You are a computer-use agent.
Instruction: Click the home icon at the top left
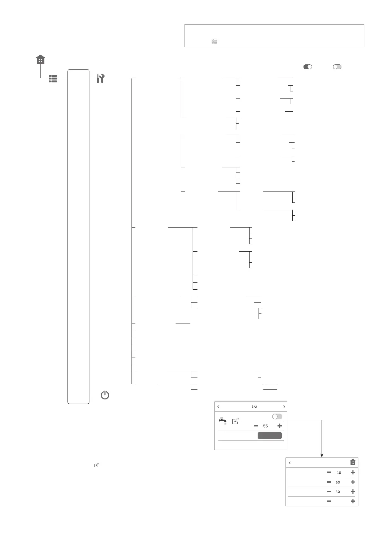[x=41, y=60]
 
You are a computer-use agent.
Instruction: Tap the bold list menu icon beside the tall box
[x=53, y=79]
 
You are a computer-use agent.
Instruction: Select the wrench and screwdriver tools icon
[x=101, y=78]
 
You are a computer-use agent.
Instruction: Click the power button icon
[x=105, y=395]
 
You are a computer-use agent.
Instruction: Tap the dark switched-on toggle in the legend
[x=307, y=67]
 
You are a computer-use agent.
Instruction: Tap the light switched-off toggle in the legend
[x=337, y=67]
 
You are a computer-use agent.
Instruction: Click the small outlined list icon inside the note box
[x=214, y=41]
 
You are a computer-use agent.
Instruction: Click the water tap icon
[x=223, y=421]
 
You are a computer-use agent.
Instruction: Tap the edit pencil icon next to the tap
[x=235, y=421]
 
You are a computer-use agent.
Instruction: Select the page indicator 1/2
[x=254, y=407]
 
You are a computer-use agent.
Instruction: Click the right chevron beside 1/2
[x=284, y=407]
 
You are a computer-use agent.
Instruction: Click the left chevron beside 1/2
[x=219, y=407]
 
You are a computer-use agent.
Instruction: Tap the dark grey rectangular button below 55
[x=269, y=435]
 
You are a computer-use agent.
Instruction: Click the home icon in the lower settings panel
[x=353, y=462]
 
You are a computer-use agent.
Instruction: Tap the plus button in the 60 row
[x=353, y=482]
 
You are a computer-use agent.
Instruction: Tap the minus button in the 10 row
[x=329, y=472]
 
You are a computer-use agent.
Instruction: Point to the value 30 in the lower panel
[x=338, y=492]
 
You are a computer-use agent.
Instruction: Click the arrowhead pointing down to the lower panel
[x=322, y=455]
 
